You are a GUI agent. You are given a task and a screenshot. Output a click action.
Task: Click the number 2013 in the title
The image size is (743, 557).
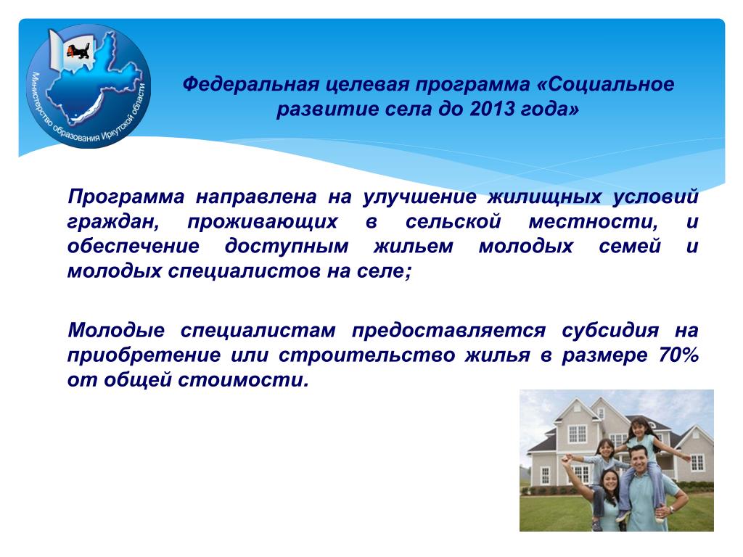click(493, 110)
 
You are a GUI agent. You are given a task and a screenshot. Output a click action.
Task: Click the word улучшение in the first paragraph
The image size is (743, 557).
click(419, 197)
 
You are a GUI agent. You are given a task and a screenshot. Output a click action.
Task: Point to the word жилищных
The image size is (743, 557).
click(544, 197)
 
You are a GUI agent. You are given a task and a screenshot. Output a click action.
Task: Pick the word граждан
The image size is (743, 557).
click(113, 222)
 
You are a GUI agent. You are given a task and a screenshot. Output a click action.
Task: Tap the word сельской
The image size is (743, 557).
click(453, 221)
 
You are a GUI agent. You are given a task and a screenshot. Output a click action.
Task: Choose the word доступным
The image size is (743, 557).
click(286, 247)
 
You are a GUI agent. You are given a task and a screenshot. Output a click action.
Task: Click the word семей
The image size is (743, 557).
click(630, 247)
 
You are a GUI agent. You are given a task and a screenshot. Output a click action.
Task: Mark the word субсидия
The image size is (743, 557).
click(610, 330)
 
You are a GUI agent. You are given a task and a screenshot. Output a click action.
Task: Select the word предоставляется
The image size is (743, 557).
click(448, 330)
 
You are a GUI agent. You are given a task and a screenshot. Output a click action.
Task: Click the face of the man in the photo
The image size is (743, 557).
click(640, 459)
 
